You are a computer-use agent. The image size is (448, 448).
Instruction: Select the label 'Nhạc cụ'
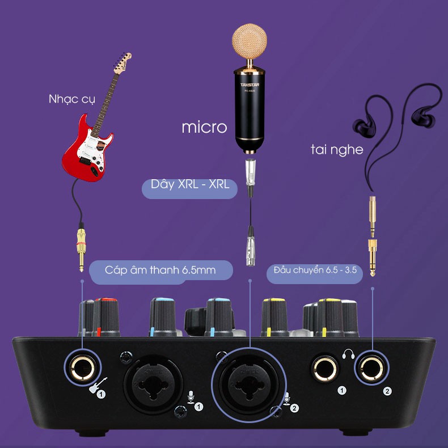(71, 100)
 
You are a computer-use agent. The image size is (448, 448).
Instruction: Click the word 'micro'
(204, 127)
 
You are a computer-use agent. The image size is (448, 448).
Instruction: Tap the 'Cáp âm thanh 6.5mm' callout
(160, 270)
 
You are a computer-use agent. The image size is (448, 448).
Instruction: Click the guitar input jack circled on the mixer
(83, 365)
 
